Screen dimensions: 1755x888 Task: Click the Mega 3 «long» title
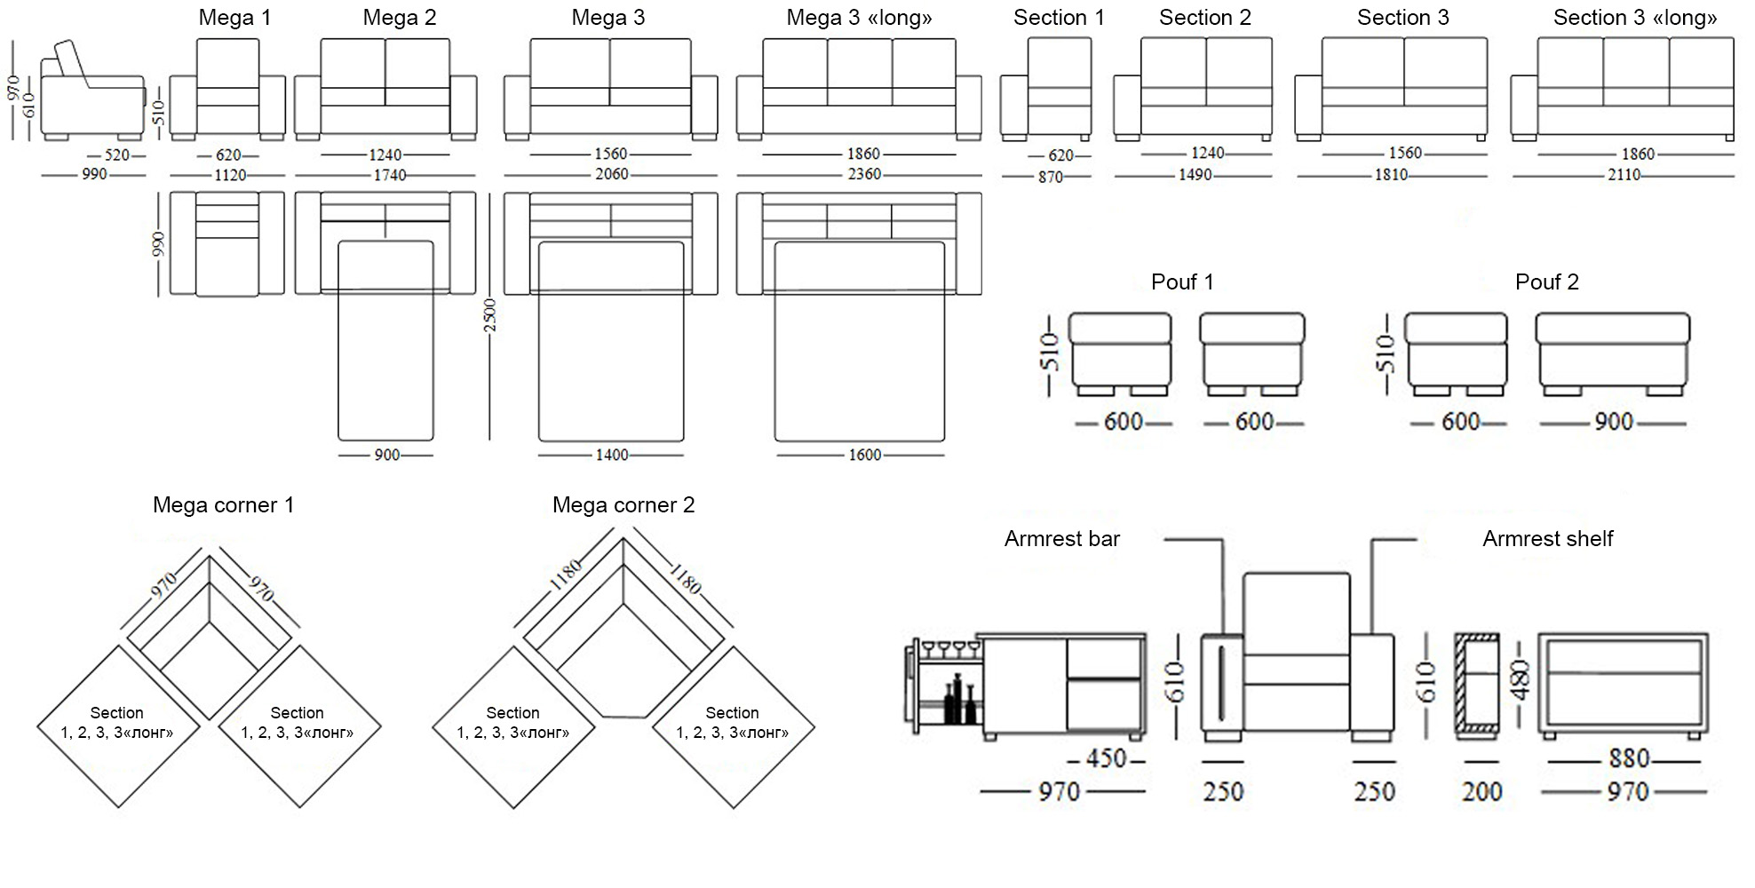click(x=859, y=18)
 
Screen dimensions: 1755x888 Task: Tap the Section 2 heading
click(x=1204, y=18)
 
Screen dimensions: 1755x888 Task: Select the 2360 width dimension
click(x=864, y=174)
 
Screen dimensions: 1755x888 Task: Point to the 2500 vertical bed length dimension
click(x=489, y=316)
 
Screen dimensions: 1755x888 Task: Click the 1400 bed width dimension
click(x=611, y=455)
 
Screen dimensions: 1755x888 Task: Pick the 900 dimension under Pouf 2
click(x=1613, y=422)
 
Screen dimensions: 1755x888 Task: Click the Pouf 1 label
click(x=1182, y=282)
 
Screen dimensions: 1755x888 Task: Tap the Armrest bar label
click(x=1062, y=539)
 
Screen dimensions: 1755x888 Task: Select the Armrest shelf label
click(x=1547, y=539)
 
